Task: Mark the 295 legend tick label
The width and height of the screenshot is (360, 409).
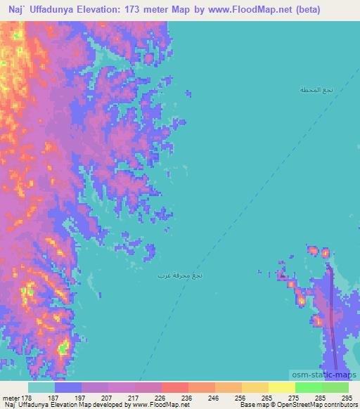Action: [345, 398]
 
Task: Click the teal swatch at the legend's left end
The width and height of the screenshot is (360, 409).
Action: [41, 387]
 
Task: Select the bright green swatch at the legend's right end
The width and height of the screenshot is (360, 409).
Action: [335, 387]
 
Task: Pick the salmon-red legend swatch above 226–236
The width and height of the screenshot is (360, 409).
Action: [174, 387]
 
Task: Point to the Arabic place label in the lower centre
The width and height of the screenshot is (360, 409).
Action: [181, 275]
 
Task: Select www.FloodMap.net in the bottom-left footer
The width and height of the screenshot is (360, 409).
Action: [150, 405]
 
